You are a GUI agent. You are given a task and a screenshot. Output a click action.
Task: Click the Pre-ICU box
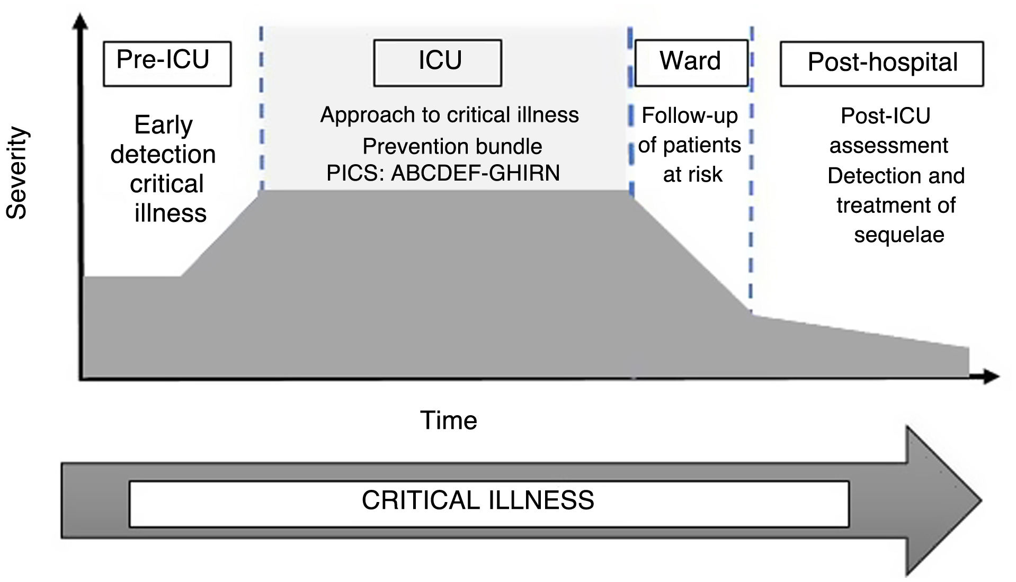coord(167,64)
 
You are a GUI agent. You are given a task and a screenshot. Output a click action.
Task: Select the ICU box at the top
coord(438,63)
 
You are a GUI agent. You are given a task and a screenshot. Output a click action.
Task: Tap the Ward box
coord(691,62)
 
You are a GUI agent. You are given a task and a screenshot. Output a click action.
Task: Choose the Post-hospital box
coord(881,64)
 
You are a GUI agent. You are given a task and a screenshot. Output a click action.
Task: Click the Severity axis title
coord(16,173)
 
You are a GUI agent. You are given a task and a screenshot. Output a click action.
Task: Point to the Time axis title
coord(449,420)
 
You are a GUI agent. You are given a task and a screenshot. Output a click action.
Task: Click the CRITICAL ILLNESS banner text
coord(478,500)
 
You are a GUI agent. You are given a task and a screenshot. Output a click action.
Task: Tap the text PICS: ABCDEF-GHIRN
coord(443,173)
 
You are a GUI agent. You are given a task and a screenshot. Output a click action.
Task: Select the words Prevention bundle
coord(452,146)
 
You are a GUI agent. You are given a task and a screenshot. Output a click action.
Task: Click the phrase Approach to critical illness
coord(449,115)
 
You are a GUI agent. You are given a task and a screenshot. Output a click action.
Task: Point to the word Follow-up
coord(690,115)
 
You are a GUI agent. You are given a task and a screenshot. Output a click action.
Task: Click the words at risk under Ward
coord(692,174)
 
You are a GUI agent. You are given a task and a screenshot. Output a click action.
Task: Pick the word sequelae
coord(899,235)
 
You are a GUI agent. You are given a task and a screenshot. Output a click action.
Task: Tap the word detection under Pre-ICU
coord(163,155)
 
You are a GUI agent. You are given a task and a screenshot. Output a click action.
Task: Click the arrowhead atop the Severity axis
coord(81,22)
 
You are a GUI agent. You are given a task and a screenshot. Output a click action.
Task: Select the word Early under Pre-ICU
coord(163,126)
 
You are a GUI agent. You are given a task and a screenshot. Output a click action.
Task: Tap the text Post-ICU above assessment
coord(885,116)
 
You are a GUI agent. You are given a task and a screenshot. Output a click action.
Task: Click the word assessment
coord(888,146)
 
